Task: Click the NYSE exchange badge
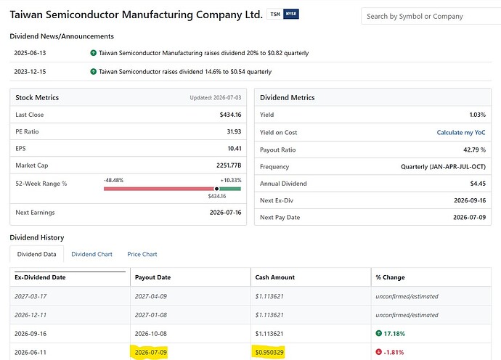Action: (291, 14)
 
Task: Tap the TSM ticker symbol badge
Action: (275, 14)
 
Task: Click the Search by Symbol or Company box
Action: (431, 16)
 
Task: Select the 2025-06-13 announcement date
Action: (30, 53)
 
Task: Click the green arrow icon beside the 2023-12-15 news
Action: (93, 72)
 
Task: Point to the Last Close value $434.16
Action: (230, 115)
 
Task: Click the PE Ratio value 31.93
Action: (234, 131)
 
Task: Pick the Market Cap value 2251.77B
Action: (229, 165)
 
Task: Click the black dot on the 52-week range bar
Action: (216, 189)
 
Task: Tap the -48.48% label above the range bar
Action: (113, 180)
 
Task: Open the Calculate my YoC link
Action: (461, 133)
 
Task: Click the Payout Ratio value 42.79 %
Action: (474, 150)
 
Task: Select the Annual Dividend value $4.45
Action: (478, 184)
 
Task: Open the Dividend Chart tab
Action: (91, 254)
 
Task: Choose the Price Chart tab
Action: (142, 254)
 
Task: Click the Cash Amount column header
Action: (275, 277)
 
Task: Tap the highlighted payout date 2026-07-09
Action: (151, 352)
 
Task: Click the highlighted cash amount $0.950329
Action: (269, 352)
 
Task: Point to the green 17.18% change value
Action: (394, 334)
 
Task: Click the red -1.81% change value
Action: (394, 352)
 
